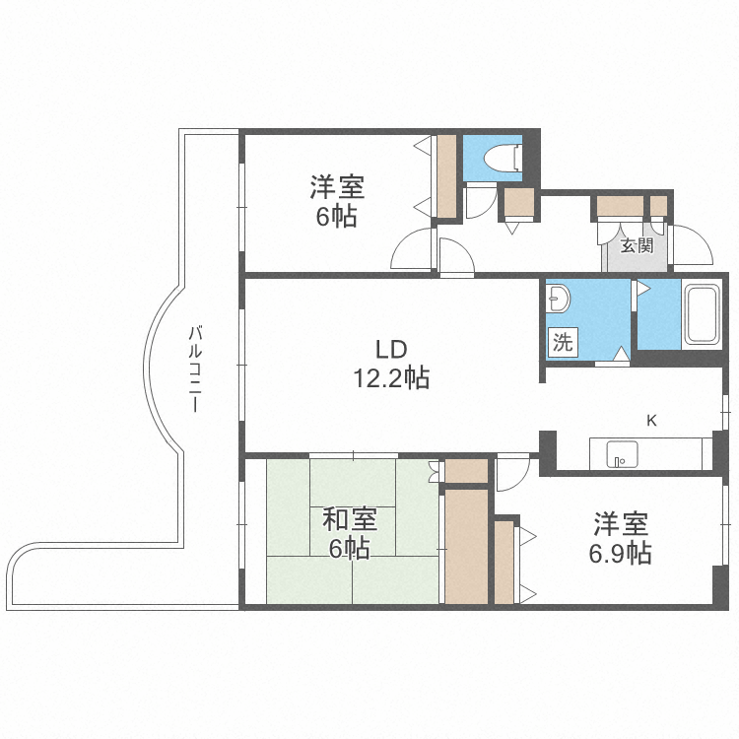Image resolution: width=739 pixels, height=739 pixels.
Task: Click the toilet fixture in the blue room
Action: click(x=504, y=157)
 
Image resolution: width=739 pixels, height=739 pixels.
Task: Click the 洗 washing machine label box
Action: click(x=563, y=343)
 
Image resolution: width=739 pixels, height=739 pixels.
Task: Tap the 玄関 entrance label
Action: click(x=637, y=245)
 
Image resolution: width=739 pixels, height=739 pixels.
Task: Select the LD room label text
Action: click(x=390, y=349)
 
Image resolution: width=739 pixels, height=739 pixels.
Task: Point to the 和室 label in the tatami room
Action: click(x=350, y=518)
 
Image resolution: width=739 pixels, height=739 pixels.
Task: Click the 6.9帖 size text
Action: click(x=620, y=553)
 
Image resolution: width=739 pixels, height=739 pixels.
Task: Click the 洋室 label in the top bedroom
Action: click(x=337, y=186)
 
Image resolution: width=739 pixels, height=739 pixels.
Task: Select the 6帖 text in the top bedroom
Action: click(x=336, y=217)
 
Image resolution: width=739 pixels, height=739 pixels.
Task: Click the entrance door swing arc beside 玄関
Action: click(x=693, y=245)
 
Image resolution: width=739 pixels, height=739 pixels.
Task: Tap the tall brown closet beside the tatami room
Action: click(x=466, y=546)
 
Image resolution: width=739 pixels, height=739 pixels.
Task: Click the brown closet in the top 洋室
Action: click(x=446, y=176)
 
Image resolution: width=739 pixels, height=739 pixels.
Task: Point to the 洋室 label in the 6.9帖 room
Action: click(x=620, y=523)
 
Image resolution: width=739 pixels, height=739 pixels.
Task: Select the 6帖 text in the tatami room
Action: click(x=349, y=549)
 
